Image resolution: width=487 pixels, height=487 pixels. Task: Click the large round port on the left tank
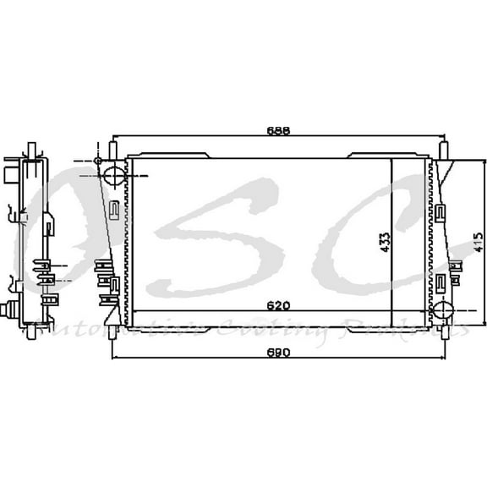pyautogui.click(x=112, y=175)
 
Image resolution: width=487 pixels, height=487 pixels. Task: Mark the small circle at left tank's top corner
pyautogui.click(x=99, y=161)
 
